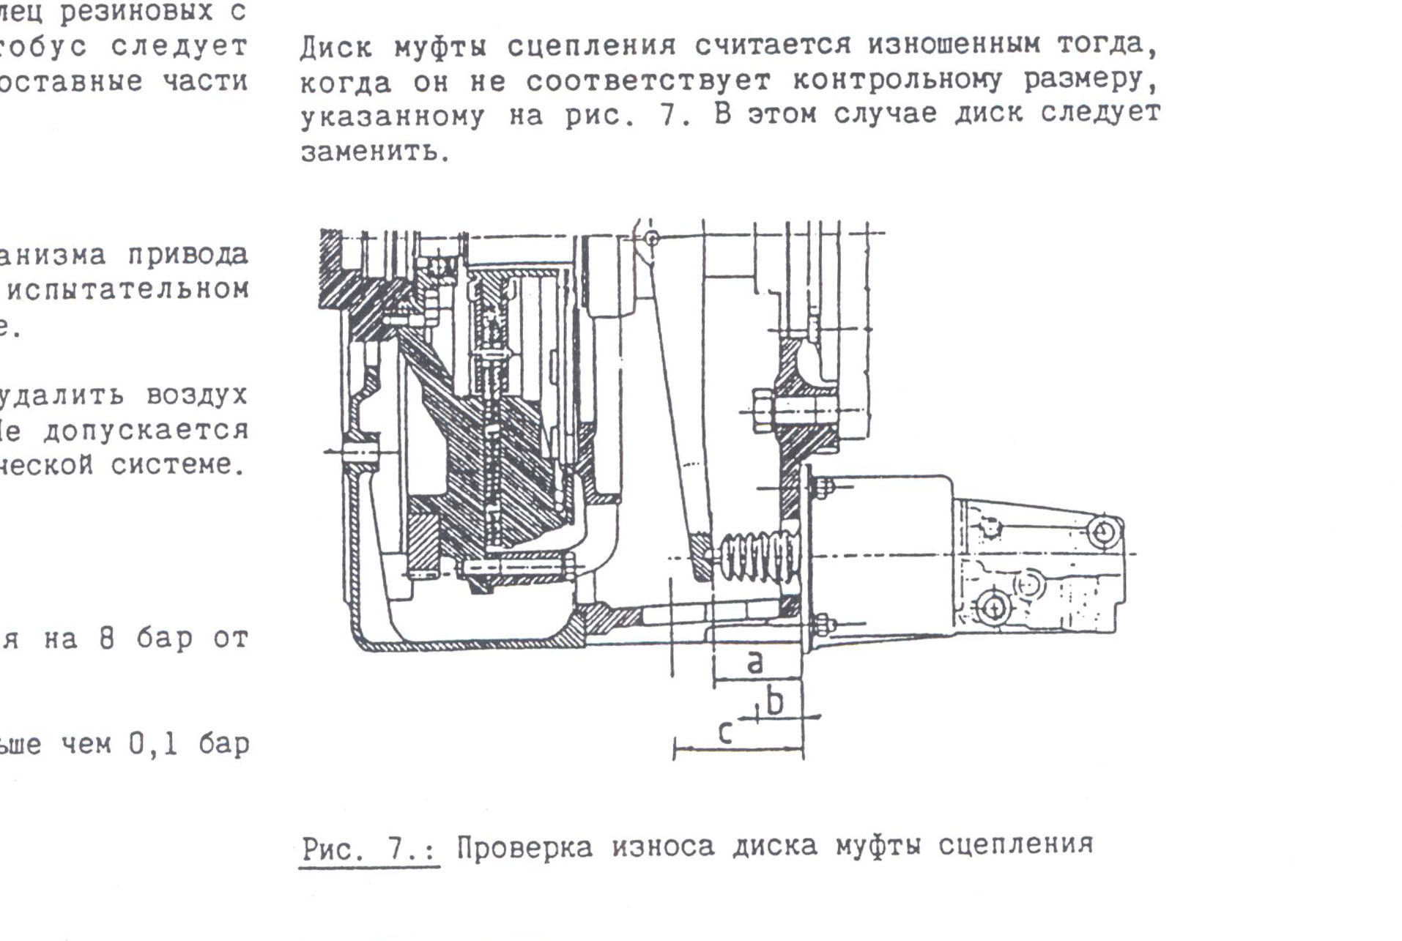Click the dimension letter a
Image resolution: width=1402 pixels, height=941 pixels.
click(x=754, y=661)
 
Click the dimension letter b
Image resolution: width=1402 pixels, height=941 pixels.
click(x=774, y=702)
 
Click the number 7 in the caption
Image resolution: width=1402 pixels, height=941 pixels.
click(x=396, y=847)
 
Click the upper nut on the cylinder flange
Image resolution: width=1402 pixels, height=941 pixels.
click(x=822, y=486)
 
